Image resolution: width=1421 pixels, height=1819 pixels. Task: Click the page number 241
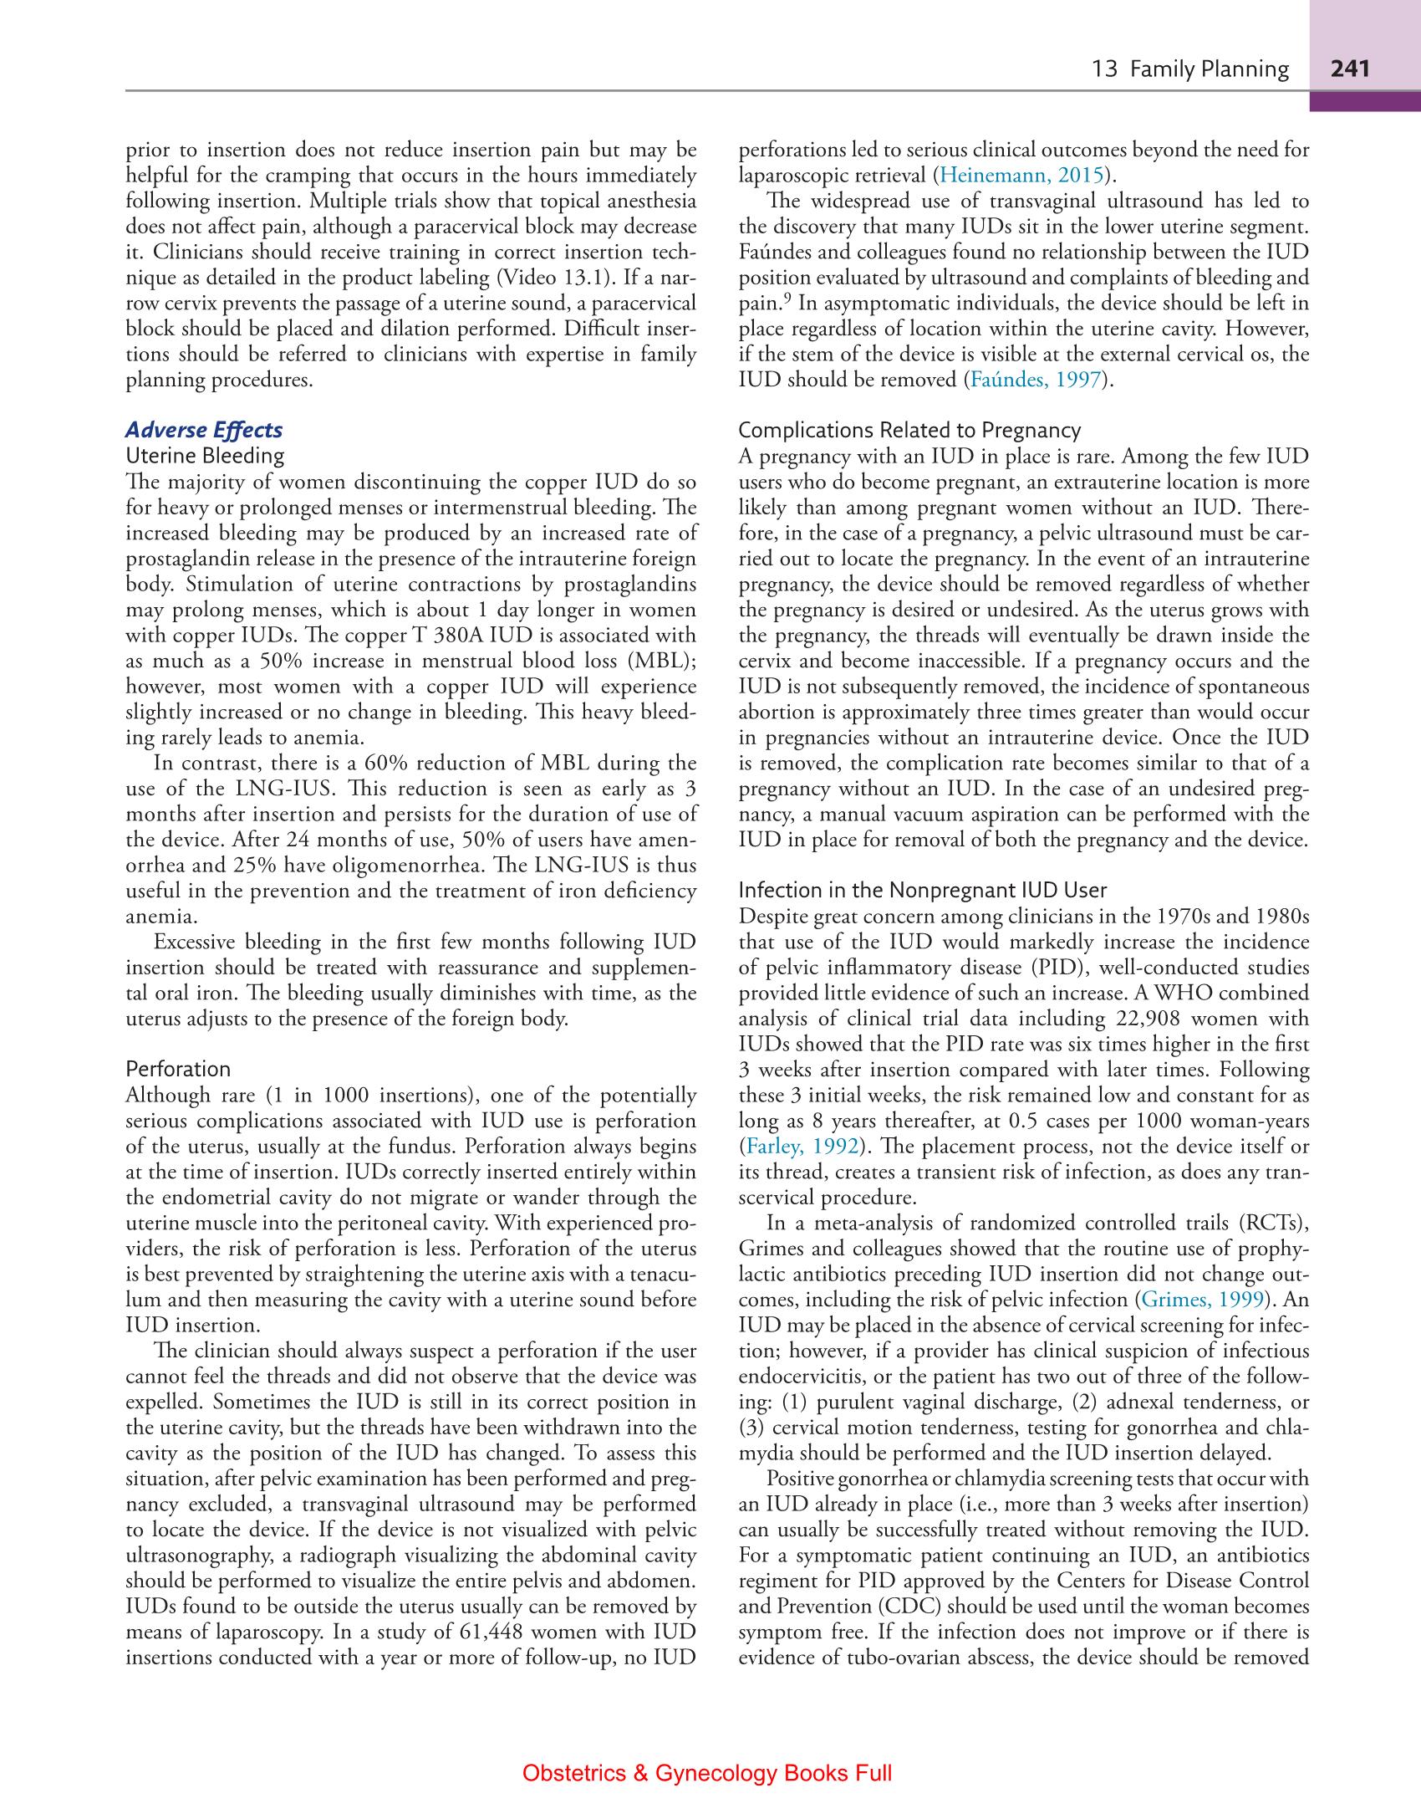point(1350,69)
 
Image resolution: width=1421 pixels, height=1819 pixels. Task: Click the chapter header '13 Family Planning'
point(1190,69)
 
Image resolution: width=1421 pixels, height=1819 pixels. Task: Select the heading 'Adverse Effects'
point(204,430)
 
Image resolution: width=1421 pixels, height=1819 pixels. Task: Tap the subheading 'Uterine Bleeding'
point(204,456)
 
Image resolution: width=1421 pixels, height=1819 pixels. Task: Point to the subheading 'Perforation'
point(177,1069)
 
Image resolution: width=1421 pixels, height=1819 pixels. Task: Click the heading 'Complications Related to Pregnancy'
point(909,430)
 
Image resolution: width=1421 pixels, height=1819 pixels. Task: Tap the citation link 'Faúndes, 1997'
point(1035,381)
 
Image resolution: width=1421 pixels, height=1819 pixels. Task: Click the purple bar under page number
point(1364,101)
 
